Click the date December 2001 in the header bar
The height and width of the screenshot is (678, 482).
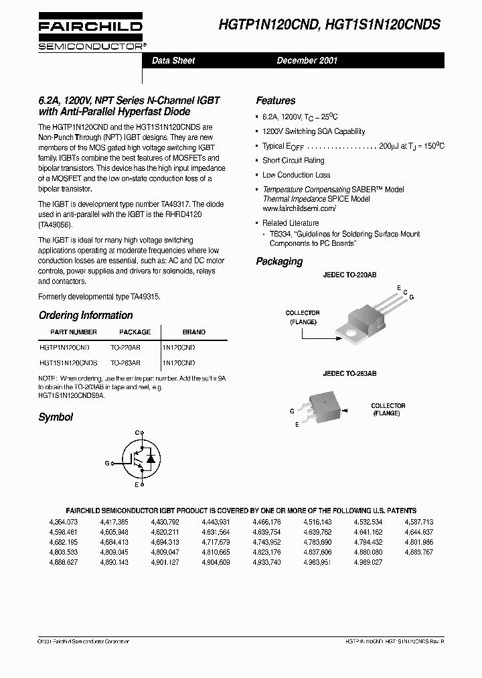click(307, 60)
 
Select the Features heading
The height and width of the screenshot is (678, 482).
click(276, 100)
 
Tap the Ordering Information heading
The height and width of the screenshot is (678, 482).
click(86, 316)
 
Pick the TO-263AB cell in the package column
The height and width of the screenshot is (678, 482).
click(125, 362)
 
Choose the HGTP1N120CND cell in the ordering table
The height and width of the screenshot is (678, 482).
click(64, 348)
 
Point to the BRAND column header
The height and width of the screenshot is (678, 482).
click(194, 332)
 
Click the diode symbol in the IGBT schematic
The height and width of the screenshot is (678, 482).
click(151, 459)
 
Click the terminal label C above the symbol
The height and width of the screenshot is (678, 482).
click(137, 433)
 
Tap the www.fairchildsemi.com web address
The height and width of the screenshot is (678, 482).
click(299, 208)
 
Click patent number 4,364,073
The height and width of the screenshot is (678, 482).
click(64, 521)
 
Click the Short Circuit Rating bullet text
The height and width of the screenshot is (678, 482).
click(293, 161)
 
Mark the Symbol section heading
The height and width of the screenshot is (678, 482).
click(56, 417)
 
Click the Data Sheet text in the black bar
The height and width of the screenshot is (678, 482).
click(173, 60)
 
